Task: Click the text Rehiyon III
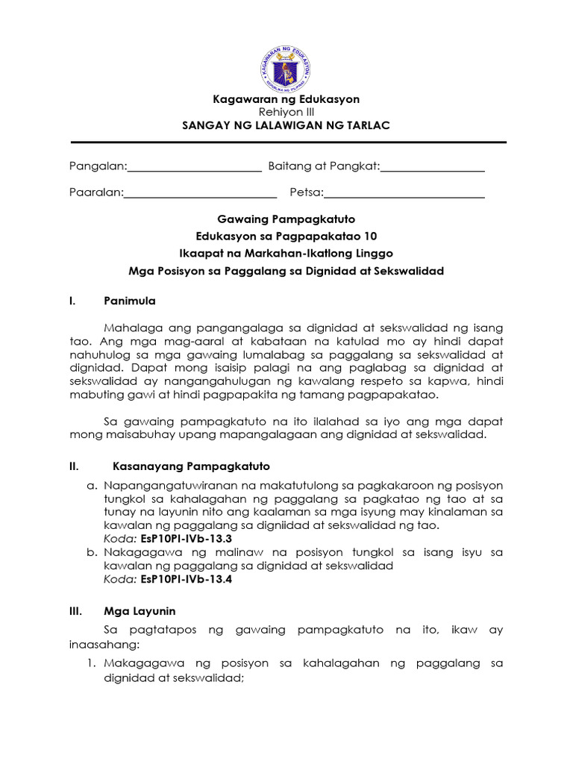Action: [286, 112]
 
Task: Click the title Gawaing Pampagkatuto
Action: [286, 219]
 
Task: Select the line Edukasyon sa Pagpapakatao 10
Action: [286, 237]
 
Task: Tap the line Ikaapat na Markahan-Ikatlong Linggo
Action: [286, 254]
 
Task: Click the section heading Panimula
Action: [130, 301]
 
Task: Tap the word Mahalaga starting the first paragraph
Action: [131, 328]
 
